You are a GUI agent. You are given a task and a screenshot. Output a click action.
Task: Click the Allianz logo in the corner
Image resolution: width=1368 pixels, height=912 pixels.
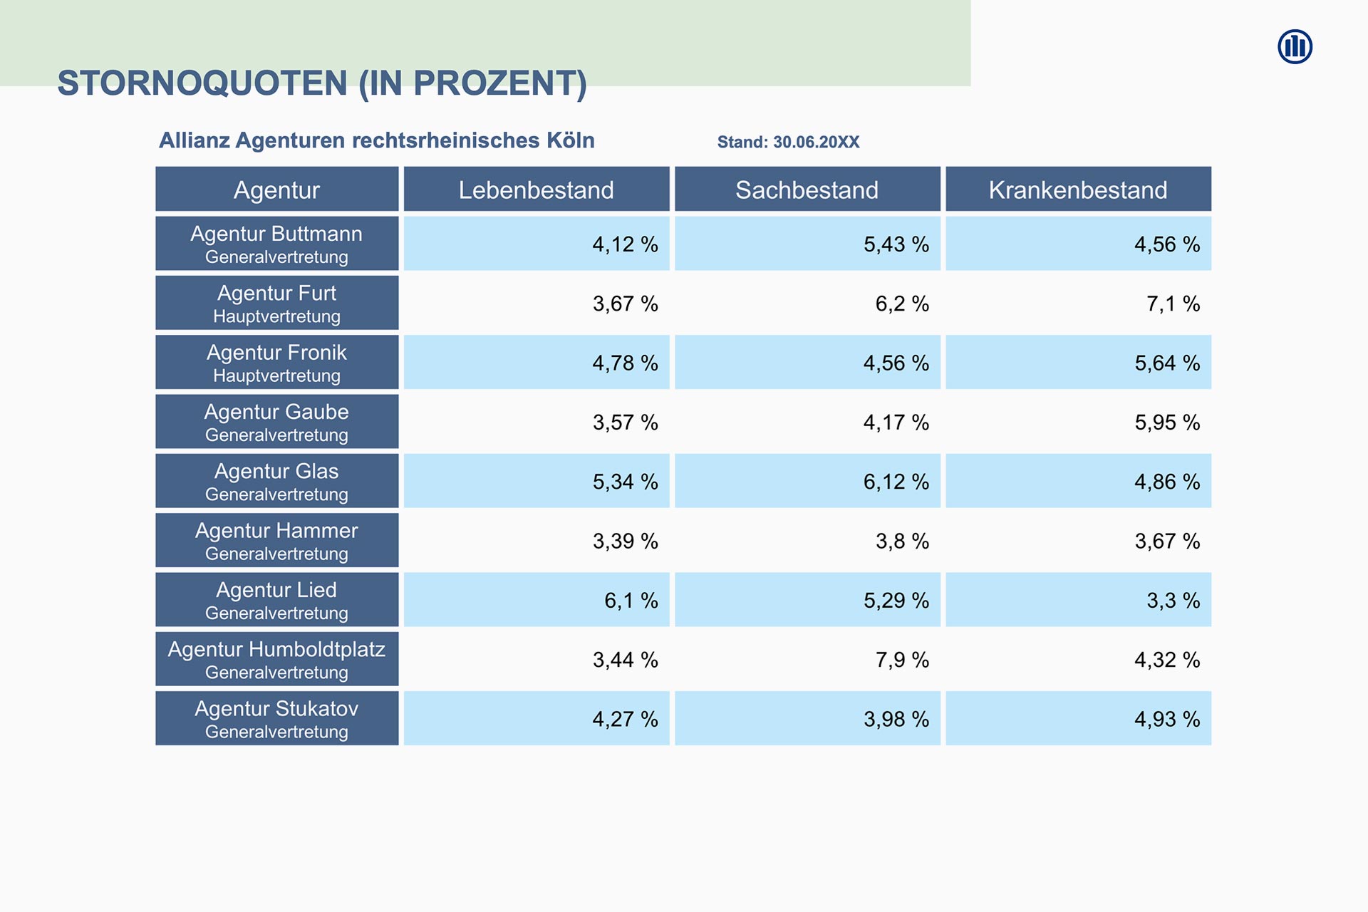pos(1295,47)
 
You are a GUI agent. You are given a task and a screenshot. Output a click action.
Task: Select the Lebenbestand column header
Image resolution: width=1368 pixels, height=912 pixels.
pos(536,190)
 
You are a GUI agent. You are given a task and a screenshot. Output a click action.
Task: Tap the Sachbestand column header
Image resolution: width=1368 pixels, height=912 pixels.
pos(807,190)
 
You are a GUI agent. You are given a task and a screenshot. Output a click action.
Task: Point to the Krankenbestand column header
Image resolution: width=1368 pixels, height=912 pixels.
pos(1077,190)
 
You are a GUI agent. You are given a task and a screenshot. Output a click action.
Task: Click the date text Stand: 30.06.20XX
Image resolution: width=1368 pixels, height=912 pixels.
pos(788,142)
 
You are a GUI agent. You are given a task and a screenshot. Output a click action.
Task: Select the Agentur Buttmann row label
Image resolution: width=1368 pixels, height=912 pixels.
pos(276,244)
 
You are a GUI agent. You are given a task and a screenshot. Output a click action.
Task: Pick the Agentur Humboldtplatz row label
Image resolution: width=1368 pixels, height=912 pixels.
pos(276,659)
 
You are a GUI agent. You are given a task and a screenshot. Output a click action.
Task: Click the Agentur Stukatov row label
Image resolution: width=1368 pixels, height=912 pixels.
pos(276,718)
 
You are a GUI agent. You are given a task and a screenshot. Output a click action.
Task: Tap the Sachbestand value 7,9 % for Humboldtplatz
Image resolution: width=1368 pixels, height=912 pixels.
pos(902,660)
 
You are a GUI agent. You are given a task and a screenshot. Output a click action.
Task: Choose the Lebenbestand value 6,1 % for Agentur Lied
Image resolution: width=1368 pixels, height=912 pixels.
pos(631,601)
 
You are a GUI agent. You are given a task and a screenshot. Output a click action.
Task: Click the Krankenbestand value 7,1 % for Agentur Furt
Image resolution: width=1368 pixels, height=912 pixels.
pos(1173,304)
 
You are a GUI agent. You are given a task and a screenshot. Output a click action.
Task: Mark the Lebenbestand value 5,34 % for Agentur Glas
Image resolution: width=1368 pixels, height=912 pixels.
pos(625,482)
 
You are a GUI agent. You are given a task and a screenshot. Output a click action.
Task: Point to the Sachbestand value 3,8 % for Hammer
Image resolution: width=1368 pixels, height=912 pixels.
pos(902,541)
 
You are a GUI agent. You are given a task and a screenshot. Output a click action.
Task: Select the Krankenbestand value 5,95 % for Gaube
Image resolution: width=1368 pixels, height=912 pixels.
pos(1167,423)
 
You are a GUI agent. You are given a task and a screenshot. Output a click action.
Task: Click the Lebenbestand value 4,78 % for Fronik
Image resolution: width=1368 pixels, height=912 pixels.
pos(625,363)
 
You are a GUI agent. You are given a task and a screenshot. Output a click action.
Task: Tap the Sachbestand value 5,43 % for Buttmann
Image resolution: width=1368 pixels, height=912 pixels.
pos(896,244)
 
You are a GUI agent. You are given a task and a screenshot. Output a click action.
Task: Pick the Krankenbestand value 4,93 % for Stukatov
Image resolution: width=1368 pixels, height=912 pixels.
pos(1167,719)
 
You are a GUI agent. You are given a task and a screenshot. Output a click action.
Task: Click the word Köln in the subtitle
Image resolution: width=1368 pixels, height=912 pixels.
pos(570,140)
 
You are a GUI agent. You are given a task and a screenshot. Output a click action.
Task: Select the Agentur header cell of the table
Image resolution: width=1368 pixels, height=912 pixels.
pos(276,190)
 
